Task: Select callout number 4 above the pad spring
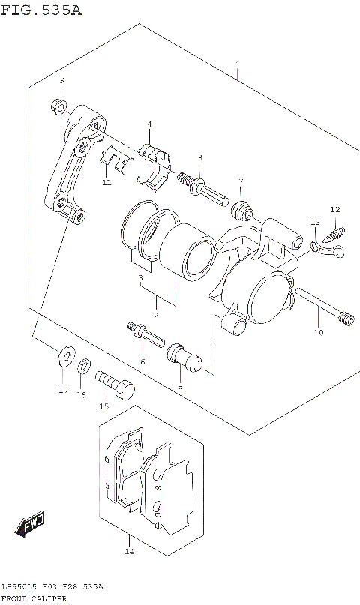click(148, 124)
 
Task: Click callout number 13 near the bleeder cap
click(315, 223)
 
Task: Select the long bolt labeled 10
click(322, 306)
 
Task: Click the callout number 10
click(319, 332)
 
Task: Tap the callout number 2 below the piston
click(156, 315)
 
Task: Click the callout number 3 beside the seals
click(139, 278)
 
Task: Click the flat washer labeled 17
click(65, 354)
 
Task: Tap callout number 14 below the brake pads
click(128, 552)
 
